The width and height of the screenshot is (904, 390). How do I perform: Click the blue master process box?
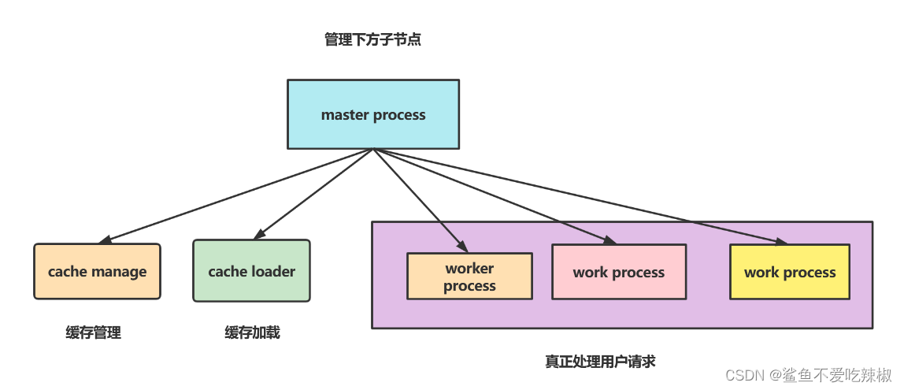pos(372,114)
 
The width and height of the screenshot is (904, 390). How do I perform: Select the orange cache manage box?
pos(97,271)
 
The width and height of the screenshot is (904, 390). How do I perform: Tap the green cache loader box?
pos(251,271)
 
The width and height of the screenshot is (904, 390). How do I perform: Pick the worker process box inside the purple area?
pos(469,277)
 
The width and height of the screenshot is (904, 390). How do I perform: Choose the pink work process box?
pos(618,272)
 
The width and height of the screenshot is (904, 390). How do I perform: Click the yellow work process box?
pos(789,272)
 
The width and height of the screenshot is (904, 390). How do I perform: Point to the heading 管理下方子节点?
pos(372,39)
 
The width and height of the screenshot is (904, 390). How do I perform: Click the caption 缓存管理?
pos(94,332)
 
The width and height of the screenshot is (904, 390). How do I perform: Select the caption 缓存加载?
pos(252,332)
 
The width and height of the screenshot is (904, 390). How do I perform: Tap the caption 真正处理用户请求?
pos(600,362)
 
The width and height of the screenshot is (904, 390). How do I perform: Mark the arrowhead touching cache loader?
pos(257,236)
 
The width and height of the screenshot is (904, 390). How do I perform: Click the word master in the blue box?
pos(345,115)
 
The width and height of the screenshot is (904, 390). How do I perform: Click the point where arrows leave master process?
pos(372,149)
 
